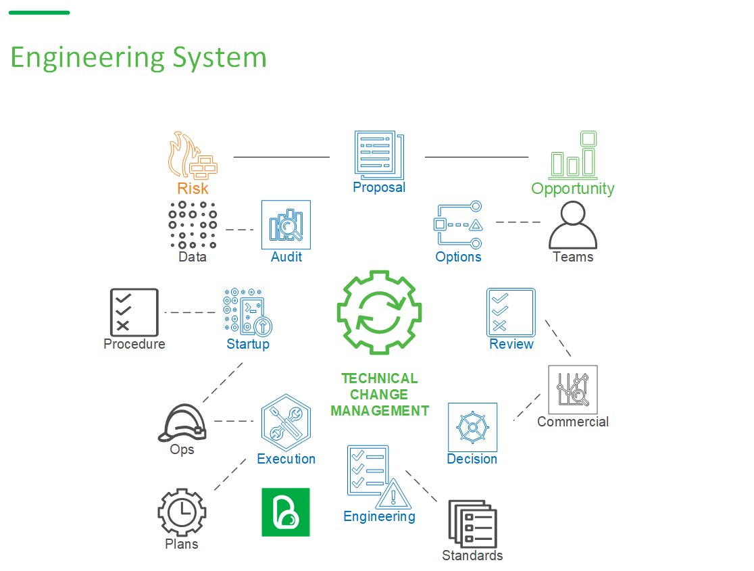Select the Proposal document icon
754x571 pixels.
[378, 155]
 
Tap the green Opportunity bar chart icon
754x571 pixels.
[573, 155]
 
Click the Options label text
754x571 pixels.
[458, 257]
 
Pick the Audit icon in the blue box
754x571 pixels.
[286, 224]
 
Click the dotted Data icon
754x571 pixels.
[193, 225]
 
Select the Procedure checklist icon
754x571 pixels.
[134, 312]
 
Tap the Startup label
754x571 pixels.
[248, 344]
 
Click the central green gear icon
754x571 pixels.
[379, 312]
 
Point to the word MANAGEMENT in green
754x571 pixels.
[380, 410]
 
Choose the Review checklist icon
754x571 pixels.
[511, 312]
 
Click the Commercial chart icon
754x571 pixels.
[573, 390]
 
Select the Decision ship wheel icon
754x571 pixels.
[472, 427]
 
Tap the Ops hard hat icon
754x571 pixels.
[182, 422]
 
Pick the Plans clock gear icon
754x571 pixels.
[182, 513]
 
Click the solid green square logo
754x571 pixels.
[286, 512]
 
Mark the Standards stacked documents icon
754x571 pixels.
[472, 524]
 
